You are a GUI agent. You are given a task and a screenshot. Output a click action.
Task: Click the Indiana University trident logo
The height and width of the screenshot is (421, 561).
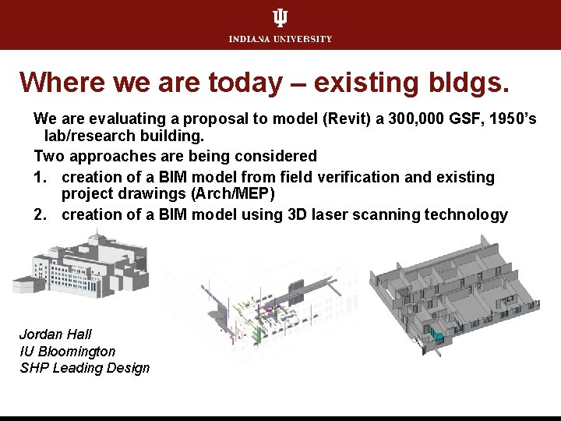280,19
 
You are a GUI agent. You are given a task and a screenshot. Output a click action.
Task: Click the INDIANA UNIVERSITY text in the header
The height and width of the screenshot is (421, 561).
280,39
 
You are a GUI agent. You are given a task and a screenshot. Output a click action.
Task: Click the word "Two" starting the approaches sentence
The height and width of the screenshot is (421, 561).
48,156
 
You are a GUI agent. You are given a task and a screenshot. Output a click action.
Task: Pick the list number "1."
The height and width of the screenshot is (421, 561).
41,177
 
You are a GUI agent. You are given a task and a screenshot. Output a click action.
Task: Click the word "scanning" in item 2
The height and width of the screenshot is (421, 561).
387,214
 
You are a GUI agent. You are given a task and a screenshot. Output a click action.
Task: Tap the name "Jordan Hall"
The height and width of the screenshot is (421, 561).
55,334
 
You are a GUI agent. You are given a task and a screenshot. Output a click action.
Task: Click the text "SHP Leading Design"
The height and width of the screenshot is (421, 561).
85,368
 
